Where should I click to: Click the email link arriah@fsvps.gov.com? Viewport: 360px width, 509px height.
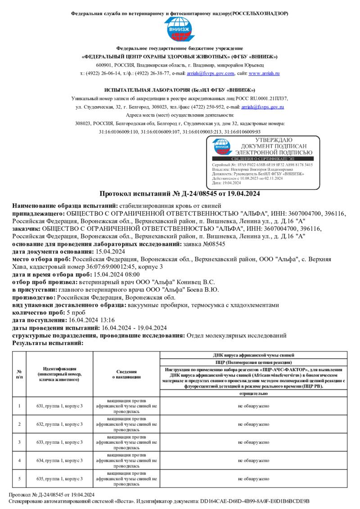211,73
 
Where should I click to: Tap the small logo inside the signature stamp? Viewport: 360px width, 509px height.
221,147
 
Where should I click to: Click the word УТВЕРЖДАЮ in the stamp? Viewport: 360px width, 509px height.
274,140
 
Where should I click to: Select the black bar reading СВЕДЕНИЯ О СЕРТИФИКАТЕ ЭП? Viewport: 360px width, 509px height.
263,159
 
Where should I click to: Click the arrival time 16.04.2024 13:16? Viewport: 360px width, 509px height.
85,320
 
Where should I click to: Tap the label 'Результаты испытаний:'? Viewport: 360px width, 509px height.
48,343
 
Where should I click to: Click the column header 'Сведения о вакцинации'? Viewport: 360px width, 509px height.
126,375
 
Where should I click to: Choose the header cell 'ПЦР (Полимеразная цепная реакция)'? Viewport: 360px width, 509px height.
253,362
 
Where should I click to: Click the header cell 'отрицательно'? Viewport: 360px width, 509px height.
253,393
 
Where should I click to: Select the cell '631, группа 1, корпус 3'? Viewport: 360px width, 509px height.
60,406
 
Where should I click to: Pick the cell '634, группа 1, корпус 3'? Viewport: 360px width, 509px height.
60,460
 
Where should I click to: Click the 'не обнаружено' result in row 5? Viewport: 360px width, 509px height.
253,479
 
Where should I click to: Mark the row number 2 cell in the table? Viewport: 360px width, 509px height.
19,424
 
